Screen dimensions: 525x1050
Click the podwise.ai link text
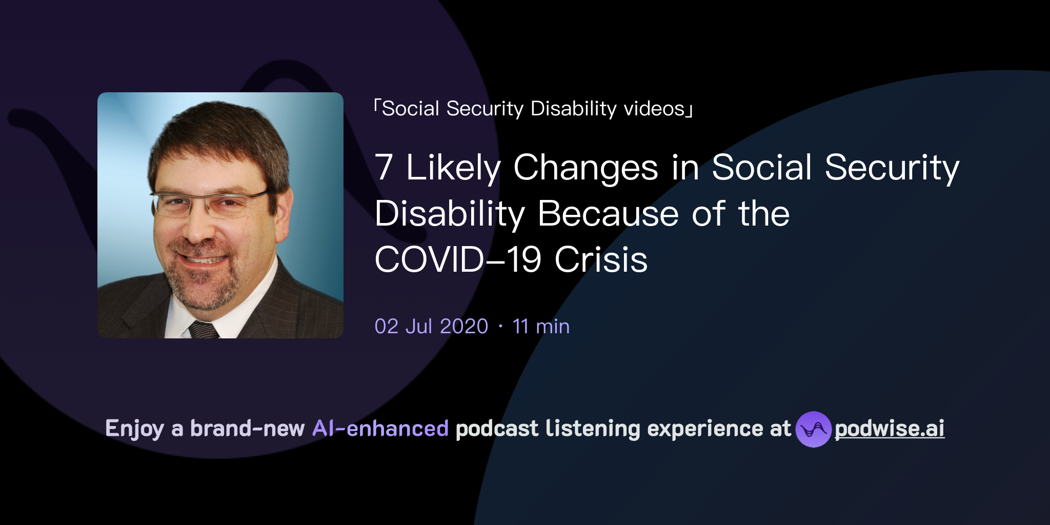point(889,429)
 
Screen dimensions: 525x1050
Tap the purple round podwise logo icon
point(813,429)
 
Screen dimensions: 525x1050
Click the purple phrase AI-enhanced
point(380,429)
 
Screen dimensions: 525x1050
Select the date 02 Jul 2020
point(431,327)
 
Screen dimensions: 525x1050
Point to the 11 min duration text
point(541,327)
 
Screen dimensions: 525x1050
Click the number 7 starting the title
point(383,168)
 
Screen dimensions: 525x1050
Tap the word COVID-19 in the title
point(458,259)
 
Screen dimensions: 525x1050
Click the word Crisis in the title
point(601,259)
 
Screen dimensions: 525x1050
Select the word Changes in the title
point(585,168)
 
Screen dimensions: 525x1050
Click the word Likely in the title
point(453,168)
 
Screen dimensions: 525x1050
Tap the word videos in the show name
point(654,109)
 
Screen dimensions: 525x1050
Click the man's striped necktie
point(204,330)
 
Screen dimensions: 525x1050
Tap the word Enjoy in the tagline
point(134,429)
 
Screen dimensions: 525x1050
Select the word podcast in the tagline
point(497,429)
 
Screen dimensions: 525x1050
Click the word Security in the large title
point(892,168)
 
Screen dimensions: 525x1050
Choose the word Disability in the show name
point(573,109)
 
